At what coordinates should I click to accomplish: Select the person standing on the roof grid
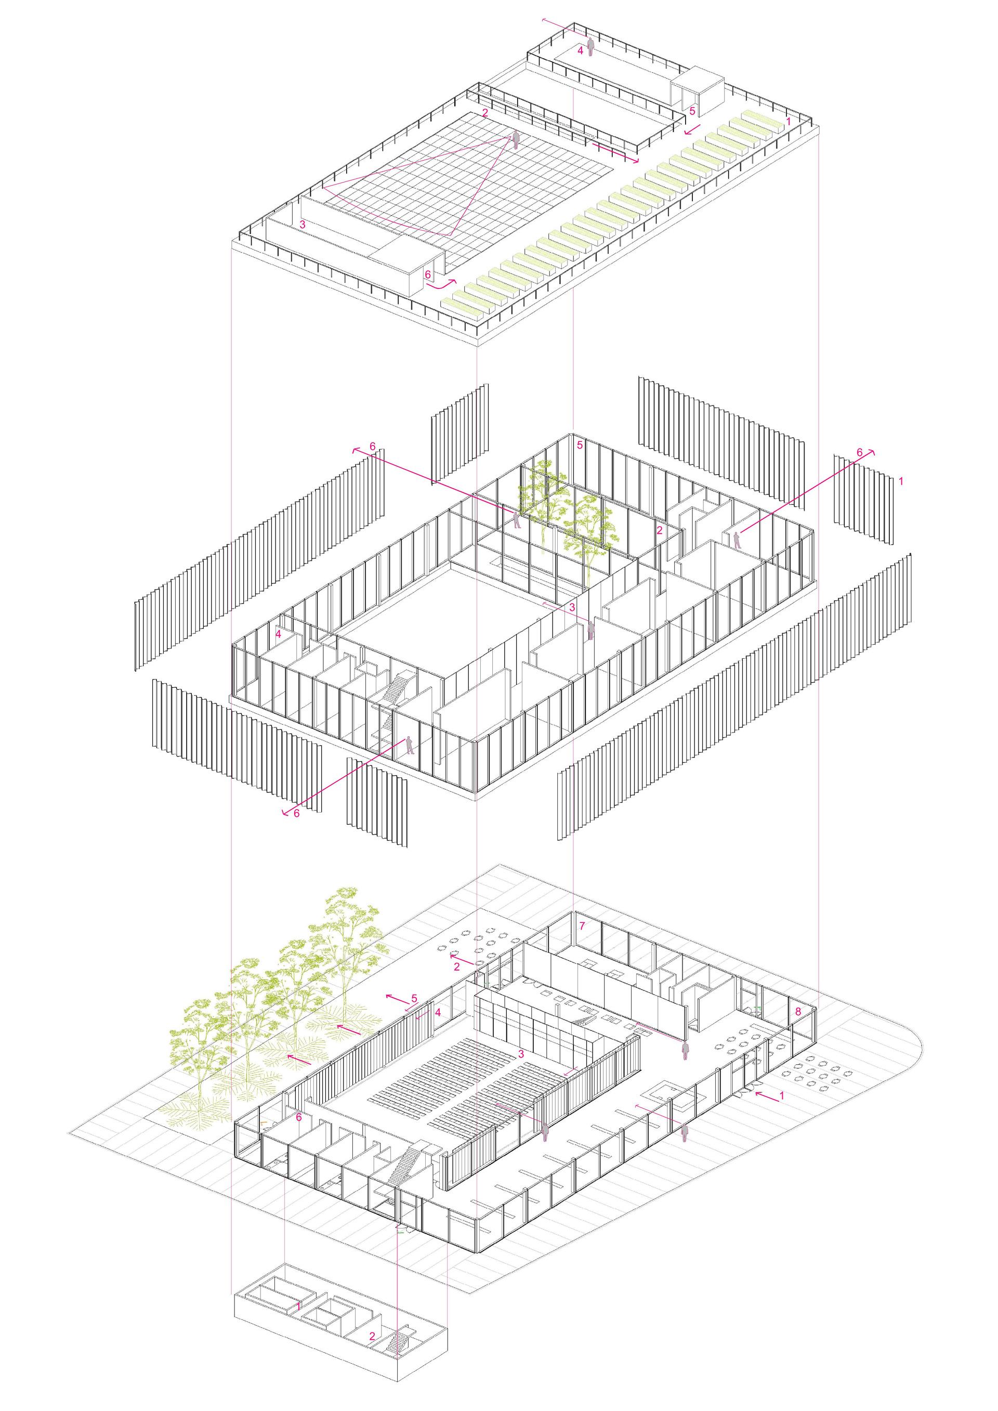coord(516,140)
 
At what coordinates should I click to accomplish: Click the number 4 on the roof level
coord(580,50)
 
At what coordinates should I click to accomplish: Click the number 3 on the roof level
coord(303,224)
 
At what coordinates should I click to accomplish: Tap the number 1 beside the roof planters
coord(789,122)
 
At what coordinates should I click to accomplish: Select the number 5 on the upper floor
coord(580,445)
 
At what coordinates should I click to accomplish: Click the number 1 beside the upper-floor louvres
coord(901,481)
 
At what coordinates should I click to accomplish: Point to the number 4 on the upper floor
coord(279,634)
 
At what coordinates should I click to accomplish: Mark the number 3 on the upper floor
coord(572,607)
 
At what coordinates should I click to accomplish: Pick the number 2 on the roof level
coord(485,112)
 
